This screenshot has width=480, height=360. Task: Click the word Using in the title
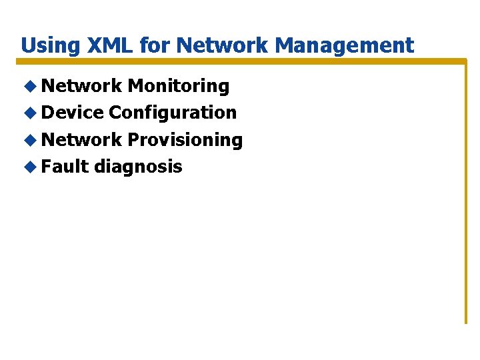coord(46,45)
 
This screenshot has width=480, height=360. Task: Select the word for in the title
coord(152,45)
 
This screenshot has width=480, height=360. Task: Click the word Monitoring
coord(178,86)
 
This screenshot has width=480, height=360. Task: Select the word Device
coord(72,113)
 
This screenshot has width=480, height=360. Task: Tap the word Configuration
coord(173,113)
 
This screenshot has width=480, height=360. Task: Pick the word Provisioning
coord(185,140)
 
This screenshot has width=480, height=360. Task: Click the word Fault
coord(65,167)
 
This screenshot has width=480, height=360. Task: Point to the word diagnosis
coord(138,167)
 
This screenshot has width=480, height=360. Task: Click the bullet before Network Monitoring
coord(29,86)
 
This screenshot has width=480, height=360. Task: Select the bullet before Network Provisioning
coord(29,140)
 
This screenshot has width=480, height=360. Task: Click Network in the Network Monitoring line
coord(81,86)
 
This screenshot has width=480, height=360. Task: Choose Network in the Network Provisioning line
coord(81,140)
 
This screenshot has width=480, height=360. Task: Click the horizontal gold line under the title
coord(240,61)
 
